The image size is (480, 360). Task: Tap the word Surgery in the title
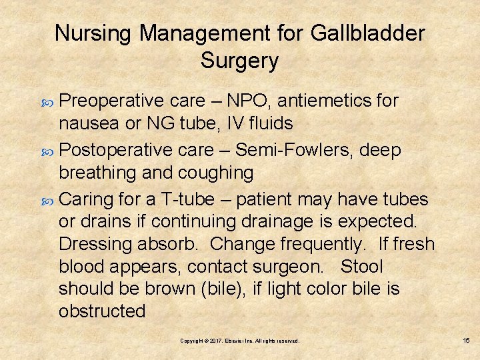point(239,61)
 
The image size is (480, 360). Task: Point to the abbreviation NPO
point(245,101)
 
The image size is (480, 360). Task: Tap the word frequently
point(311,245)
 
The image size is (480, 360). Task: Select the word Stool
point(361,267)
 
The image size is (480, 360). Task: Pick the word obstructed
point(101,311)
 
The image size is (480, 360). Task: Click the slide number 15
point(466,341)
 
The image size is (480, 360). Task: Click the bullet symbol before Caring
point(50,200)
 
